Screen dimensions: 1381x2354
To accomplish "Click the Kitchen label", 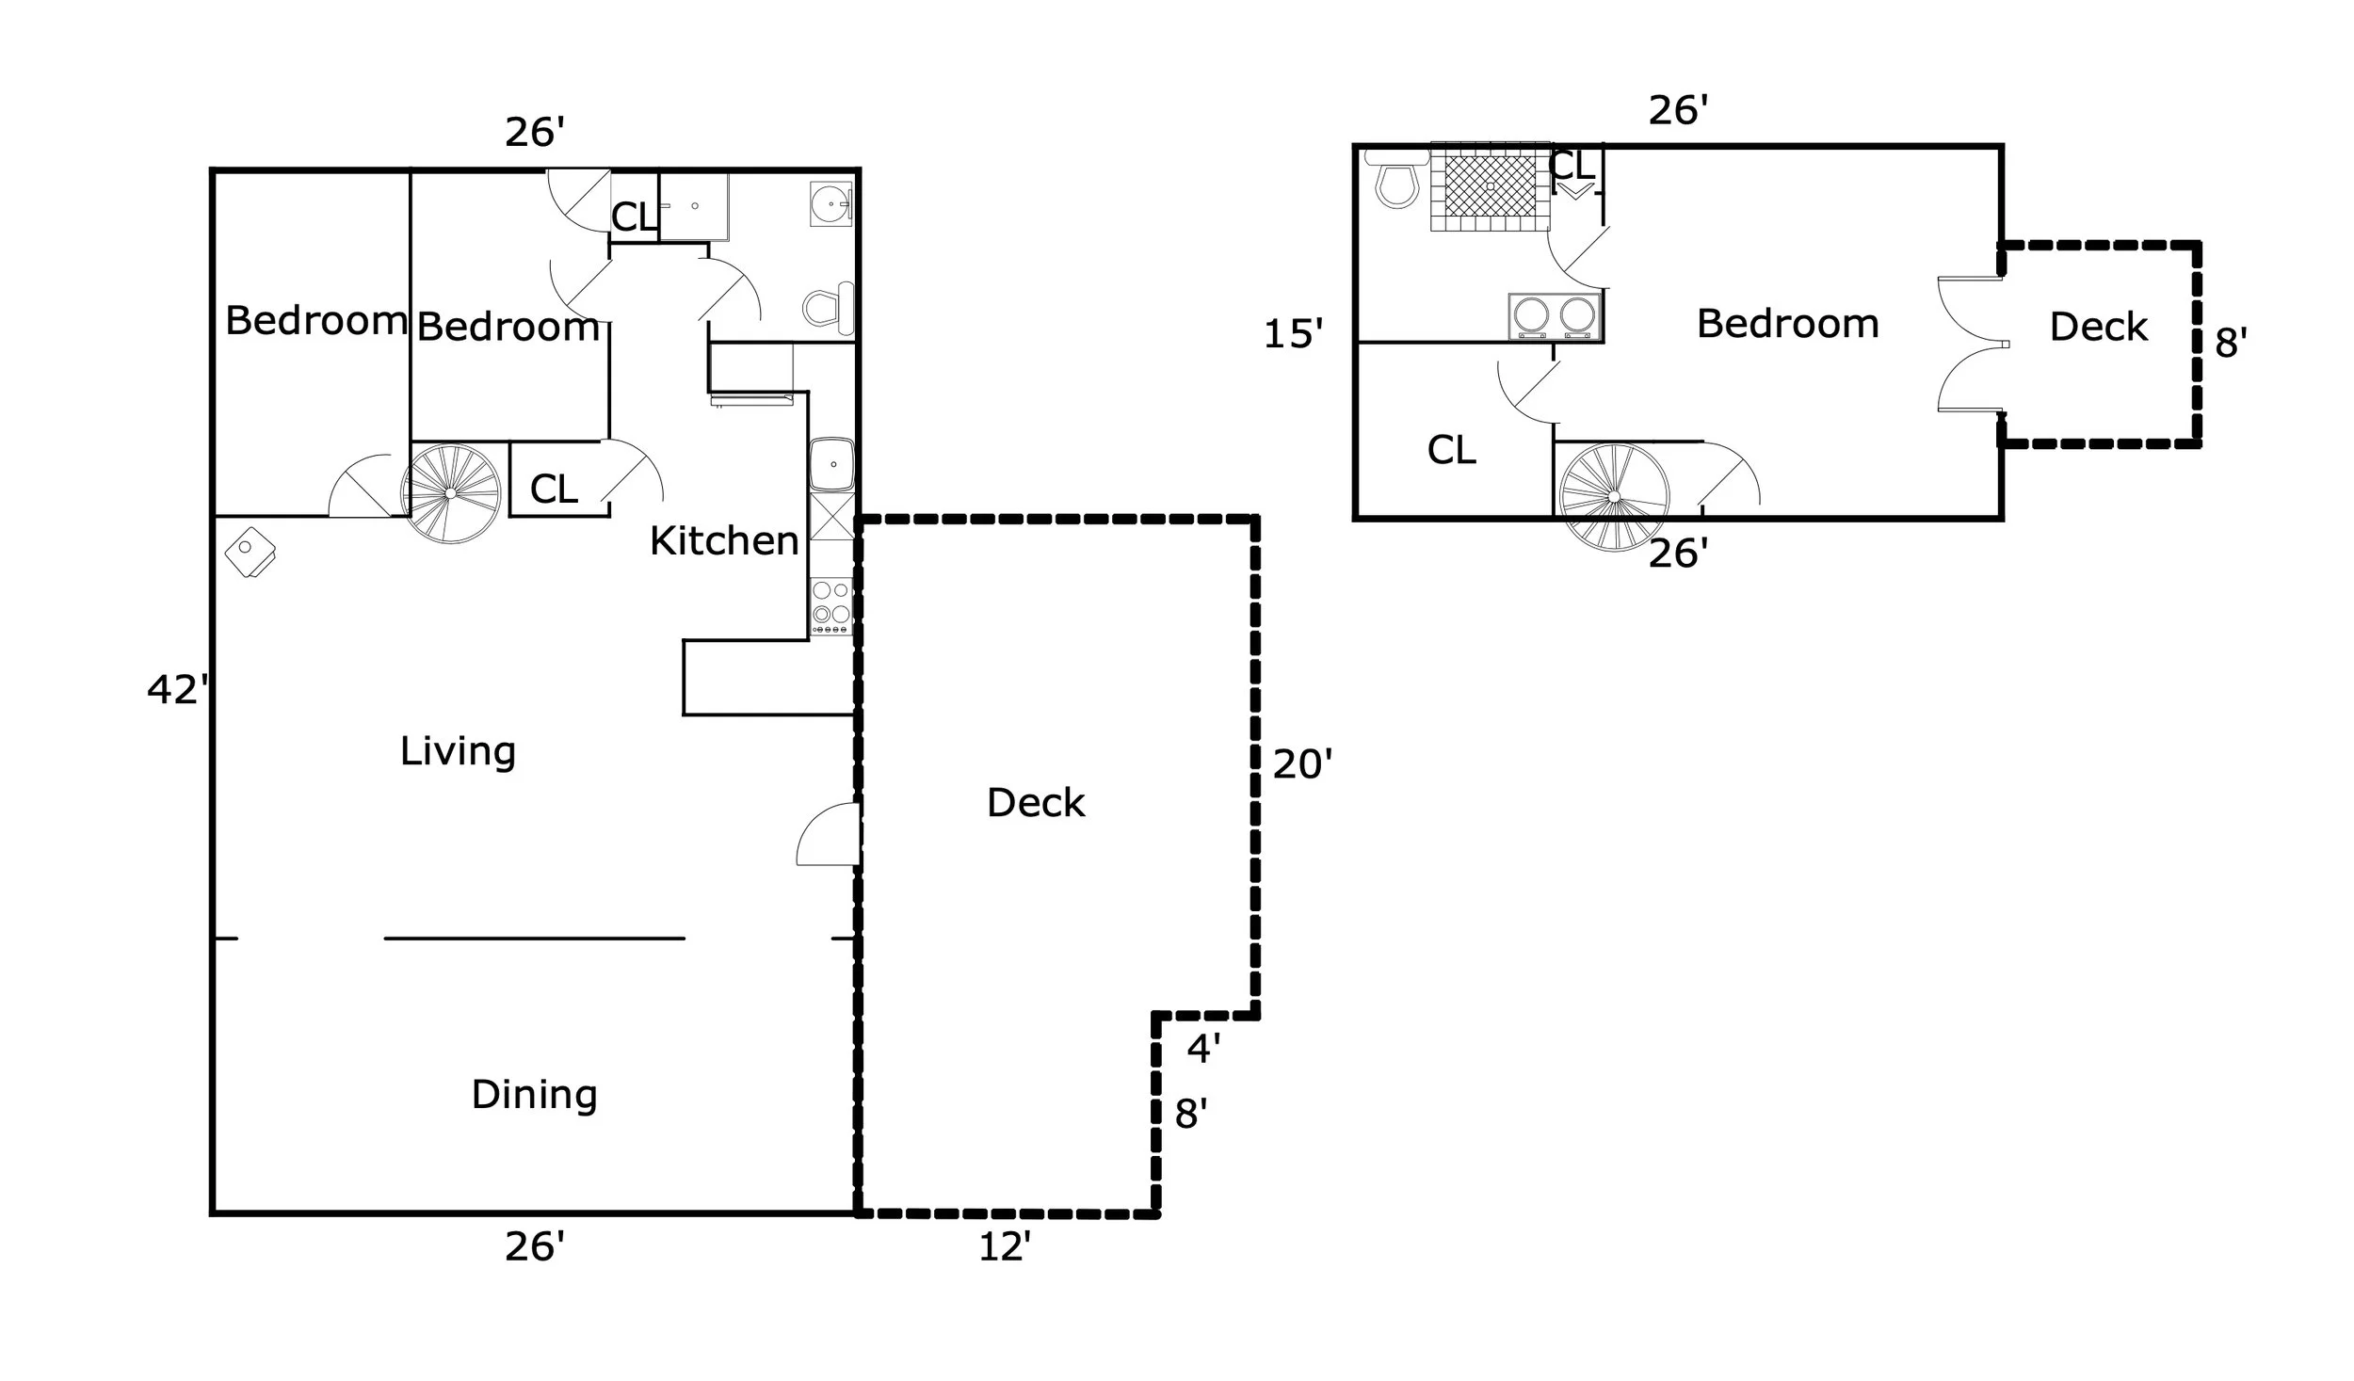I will click(x=724, y=541).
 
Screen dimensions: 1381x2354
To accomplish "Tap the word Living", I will click(x=458, y=751).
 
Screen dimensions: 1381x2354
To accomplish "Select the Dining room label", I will click(x=534, y=1095).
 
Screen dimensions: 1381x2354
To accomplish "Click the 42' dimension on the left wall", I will click(x=176, y=691).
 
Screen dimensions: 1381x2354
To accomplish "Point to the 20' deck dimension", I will click(x=1302, y=764).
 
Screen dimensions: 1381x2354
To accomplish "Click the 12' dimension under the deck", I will click(x=1005, y=1248).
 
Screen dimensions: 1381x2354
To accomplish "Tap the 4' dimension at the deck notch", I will click(x=1203, y=1048).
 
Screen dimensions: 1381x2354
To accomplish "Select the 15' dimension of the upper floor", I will click(x=1293, y=334).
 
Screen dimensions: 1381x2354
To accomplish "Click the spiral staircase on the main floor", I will click(x=451, y=493).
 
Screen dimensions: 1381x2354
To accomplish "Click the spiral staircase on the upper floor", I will click(x=1614, y=496).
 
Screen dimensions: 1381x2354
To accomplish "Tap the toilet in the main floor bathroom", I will click(x=829, y=308).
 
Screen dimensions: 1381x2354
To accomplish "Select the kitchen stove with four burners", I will click(x=831, y=604).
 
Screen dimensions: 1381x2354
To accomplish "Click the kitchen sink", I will click(x=832, y=464).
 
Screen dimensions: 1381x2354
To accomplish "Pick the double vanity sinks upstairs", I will click(x=1554, y=315).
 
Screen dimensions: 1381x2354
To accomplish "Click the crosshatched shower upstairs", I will click(x=1491, y=186).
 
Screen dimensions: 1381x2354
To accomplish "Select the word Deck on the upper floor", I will click(x=2098, y=328).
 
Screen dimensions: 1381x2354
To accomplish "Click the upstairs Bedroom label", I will click(x=1787, y=324).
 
